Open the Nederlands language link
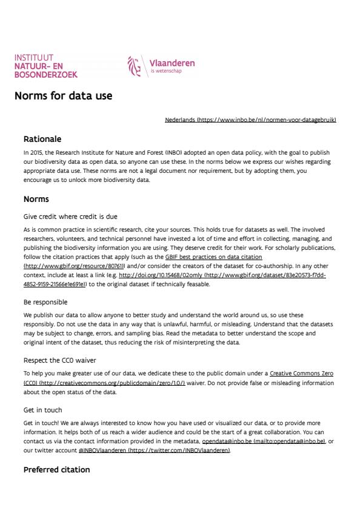pos(250,120)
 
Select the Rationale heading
pos(42,139)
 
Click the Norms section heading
pos(36,199)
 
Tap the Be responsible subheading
pos(45,301)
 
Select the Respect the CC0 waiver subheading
pos(59,360)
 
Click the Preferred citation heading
pos(56,469)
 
